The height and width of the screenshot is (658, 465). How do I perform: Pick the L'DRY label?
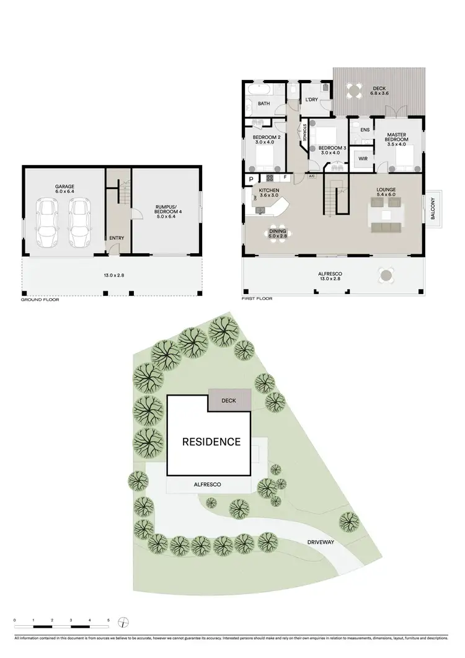click(x=311, y=100)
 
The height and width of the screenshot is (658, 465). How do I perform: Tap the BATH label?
click(x=263, y=104)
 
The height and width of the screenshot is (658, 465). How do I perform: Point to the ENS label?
click(x=365, y=130)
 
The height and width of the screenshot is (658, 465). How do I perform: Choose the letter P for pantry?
click(x=251, y=179)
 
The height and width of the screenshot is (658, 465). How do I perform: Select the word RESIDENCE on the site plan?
click(x=211, y=442)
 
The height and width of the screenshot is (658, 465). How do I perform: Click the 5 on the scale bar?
click(x=108, y=620)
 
